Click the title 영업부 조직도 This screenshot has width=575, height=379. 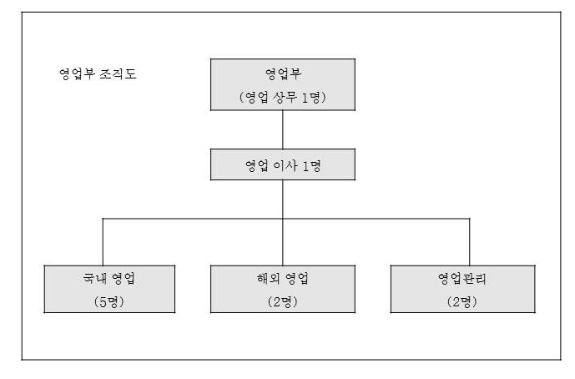click(x=93, y=73)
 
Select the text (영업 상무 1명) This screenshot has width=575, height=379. click(x=283, y=97)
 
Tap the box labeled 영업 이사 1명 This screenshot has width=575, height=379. click(x=283, y=164)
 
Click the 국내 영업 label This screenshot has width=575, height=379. click(x=101, y=278)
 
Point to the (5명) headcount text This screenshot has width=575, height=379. click(x=101, y=301)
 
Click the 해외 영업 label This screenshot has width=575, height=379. click(x=283, y=278)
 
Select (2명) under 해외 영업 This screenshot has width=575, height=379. click(x=283, y=301)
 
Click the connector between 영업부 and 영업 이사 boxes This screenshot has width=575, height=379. click(x=283, y=129)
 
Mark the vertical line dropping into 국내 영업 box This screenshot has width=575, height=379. click(x=103, y=242)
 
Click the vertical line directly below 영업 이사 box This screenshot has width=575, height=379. click(x=283, y=199)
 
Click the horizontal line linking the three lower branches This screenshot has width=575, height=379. click(x=192, y=219)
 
